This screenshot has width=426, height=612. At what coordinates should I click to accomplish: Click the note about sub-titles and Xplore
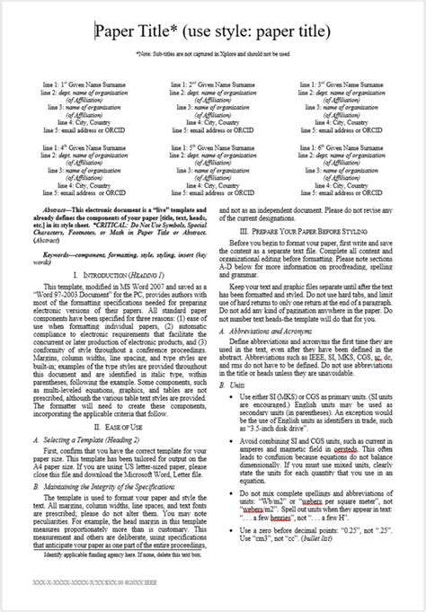tap(213, 54)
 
